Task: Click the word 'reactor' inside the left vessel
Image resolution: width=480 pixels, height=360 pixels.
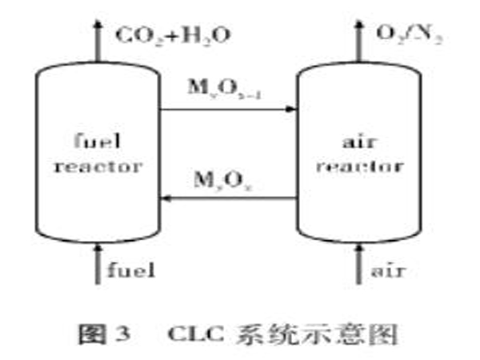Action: [x=90, y=166]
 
